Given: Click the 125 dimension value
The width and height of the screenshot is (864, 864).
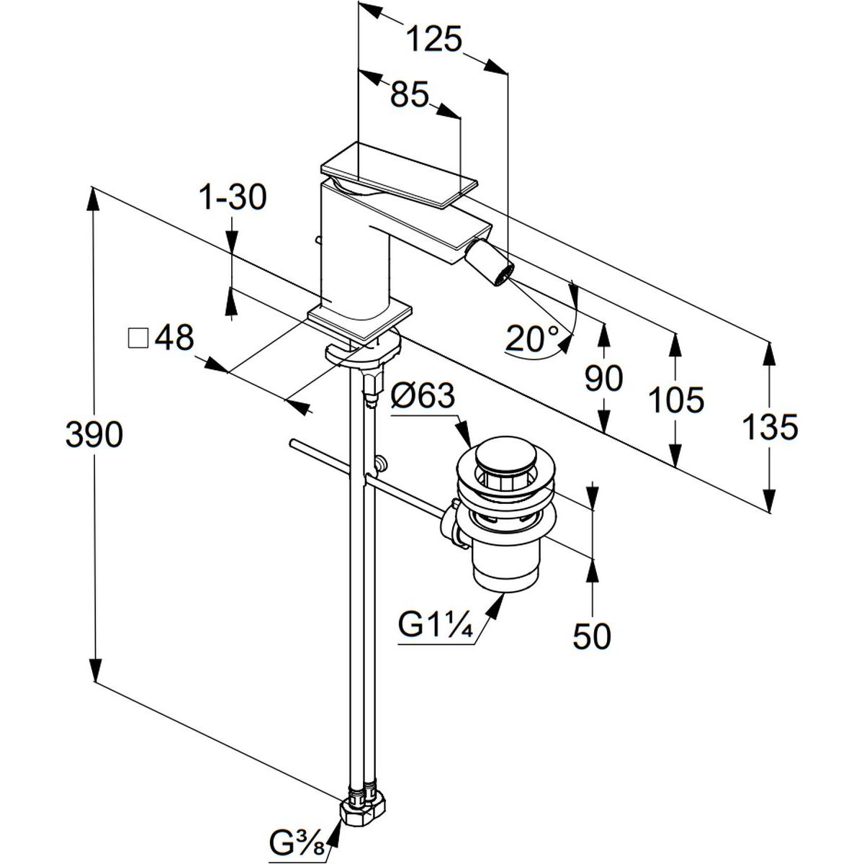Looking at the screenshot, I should [x=433, y=39].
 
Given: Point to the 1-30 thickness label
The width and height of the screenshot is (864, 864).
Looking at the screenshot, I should [x=233, y=197].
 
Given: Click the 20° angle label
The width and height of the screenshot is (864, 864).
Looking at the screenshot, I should [x=532, y=338].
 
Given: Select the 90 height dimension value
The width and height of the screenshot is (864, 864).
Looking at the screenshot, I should [x=603, y=378].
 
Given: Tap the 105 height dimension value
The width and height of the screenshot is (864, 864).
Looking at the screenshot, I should [x=675, y=400].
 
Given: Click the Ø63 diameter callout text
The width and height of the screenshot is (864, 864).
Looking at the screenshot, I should [x=423, y=396].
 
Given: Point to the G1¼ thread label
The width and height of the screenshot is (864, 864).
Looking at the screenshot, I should [x=435, y=625].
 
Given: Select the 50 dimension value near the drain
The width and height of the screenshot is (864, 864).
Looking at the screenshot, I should [x=592, y=636].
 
